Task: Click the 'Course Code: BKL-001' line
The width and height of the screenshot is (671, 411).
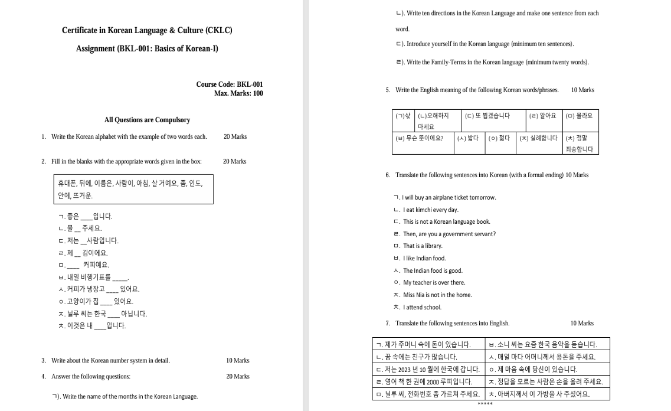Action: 230,84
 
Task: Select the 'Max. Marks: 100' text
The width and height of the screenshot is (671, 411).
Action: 238,93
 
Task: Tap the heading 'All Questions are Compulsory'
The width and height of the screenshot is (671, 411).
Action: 147,120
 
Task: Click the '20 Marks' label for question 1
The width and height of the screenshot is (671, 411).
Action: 235,136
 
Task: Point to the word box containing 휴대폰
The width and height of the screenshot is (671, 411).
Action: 132,189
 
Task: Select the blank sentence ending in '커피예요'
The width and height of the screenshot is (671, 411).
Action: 83,265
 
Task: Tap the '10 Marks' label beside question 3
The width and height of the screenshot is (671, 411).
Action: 237,360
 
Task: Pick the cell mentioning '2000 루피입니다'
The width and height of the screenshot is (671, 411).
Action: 430,381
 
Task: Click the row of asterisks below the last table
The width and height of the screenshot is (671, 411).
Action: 485,405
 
